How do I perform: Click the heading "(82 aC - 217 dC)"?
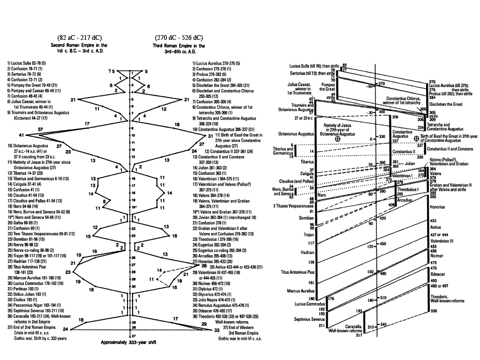(x=80, y=37)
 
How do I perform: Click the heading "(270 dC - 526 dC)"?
(x=179, y=37)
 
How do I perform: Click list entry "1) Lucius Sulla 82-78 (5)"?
(x=26, y=62)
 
